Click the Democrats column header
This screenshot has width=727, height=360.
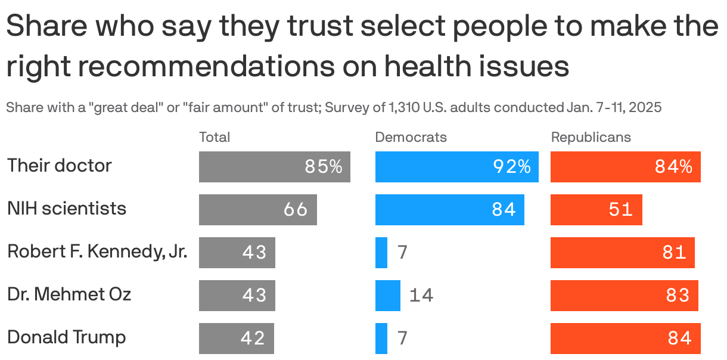(x=411, y=137)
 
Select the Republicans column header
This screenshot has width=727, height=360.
(x=591, y=137)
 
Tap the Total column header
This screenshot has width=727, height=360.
(x=215, y=137)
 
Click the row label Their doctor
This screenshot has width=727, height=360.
(x=60, y=165)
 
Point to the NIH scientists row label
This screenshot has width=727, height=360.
(x=67, y=209)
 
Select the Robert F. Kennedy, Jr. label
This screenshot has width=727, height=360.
(x=97, y=252)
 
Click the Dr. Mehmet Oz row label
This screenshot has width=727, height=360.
(x=69, y=294)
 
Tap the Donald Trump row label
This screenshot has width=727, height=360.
(x=67, y=337)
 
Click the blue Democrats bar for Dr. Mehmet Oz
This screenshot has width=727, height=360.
(x=387, y=296)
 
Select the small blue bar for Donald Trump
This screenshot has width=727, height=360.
(x=381, y=339)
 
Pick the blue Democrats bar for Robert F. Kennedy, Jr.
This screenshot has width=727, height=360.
(x=381, y=253)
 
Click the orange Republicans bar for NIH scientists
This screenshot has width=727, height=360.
(x=596, y=210)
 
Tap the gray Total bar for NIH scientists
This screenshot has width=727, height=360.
(x=257, y=210)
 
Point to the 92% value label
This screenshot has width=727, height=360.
(x=511, y=167)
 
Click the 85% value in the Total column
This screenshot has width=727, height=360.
(x=324, y=167)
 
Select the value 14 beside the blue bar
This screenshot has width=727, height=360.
(x=421, y=296)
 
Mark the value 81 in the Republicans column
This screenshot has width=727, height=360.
(x=675, y=253)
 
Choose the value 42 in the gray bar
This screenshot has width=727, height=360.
(x=253, y=339)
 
